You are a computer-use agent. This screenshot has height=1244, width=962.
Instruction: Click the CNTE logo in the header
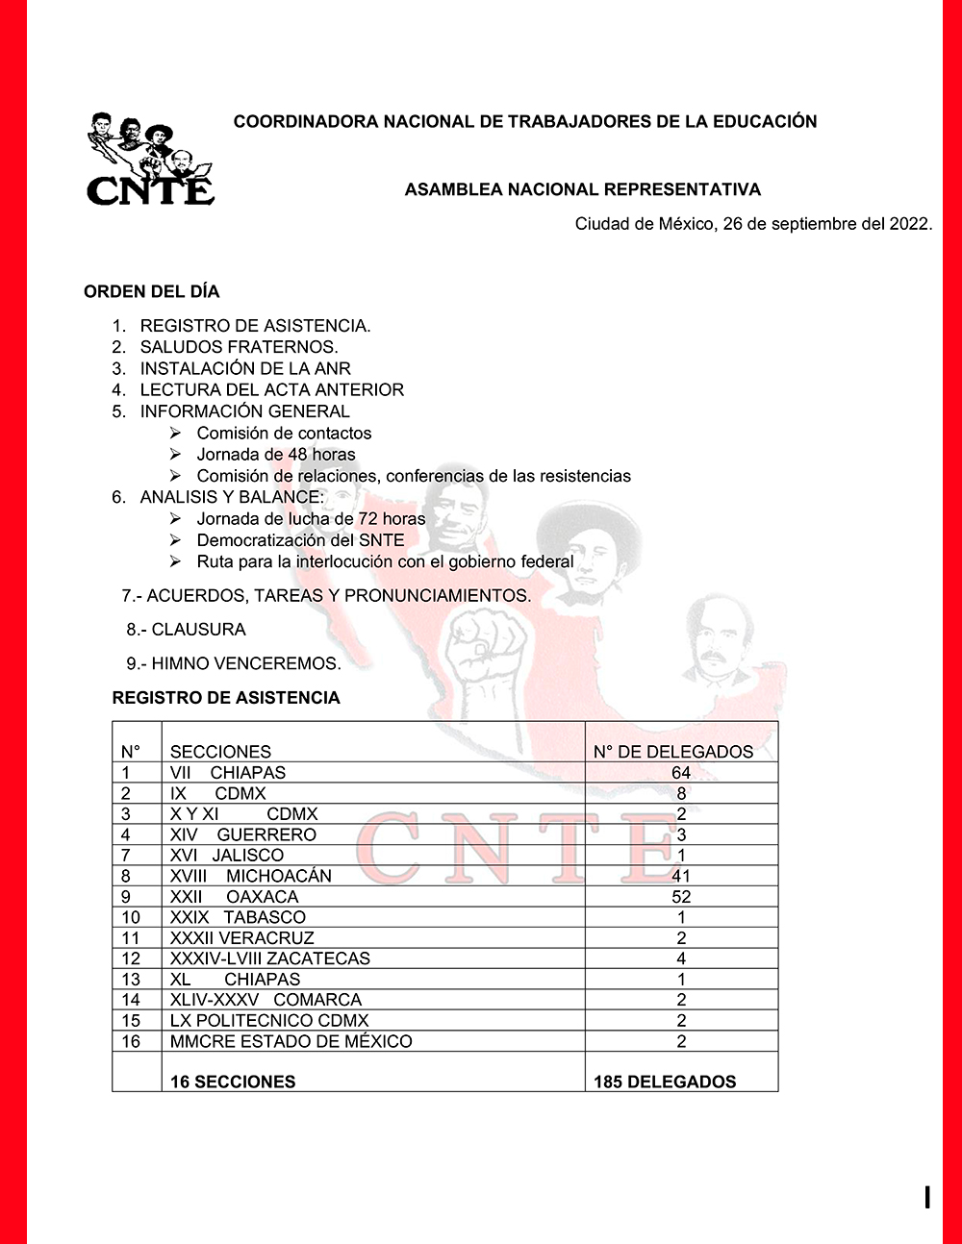(150, 160)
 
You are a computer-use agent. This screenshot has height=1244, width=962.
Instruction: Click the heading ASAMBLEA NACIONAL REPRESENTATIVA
(582, 189)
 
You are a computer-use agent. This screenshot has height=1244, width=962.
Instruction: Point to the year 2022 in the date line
(908, 224)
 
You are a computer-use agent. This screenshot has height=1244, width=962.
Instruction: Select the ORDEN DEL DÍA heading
(152, 291)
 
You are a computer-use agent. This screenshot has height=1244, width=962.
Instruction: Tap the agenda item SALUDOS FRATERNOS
(239, 347)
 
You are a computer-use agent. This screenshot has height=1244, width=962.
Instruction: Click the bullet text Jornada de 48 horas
(276, 454)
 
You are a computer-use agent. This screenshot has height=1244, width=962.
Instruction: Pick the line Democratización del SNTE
(300, 540)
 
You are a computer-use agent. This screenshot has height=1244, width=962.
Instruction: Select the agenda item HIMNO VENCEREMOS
(245, 663)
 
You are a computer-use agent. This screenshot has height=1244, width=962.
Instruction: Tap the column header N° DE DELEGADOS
(673, 752)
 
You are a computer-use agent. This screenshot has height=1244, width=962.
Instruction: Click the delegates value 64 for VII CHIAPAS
(681, 773)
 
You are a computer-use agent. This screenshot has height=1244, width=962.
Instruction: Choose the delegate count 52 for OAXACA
(681, 897)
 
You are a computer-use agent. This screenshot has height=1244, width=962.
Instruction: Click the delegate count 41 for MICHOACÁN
(681, 876)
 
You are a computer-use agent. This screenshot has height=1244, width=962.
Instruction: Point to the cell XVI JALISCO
(227, 855)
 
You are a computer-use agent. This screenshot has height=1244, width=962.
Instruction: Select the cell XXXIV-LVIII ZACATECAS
(269, 958)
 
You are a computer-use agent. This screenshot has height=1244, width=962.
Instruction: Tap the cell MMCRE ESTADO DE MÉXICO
(291, 1041)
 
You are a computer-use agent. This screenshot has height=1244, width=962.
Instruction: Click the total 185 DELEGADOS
(665, 1082)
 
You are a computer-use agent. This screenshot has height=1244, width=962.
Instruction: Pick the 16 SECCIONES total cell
(233, 1082)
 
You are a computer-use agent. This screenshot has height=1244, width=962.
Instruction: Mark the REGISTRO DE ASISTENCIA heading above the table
(226, 698)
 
